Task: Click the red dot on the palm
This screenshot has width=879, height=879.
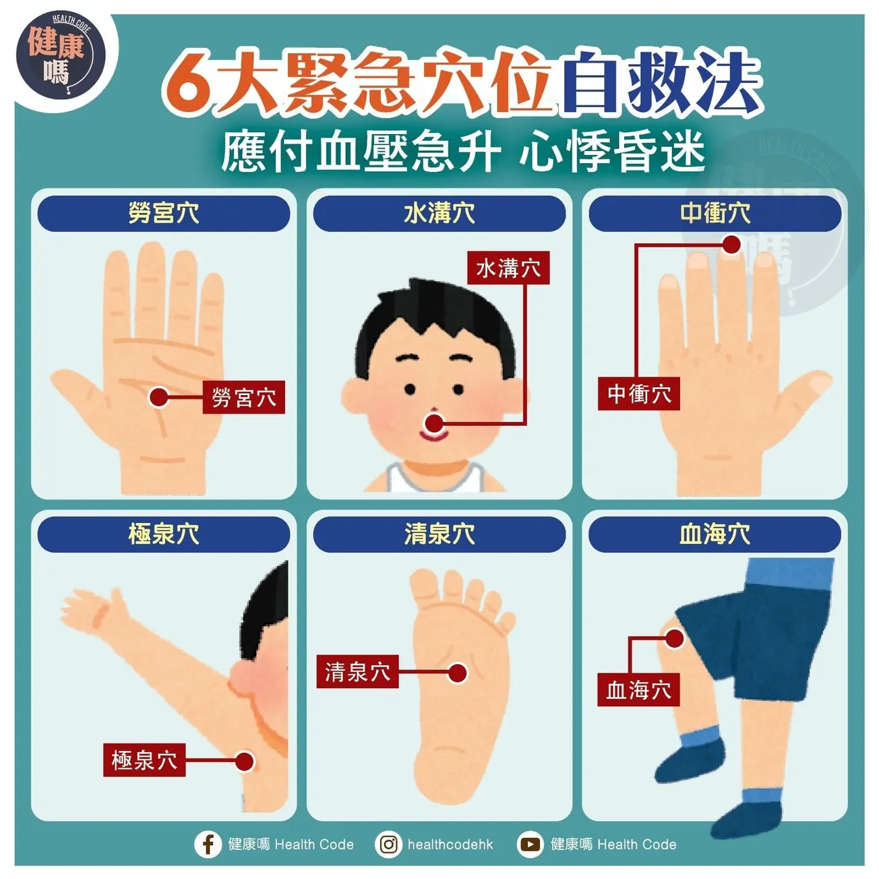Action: pos(159,397)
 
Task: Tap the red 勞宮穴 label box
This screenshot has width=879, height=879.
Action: pos(244,397)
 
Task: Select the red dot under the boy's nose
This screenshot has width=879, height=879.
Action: pos(435,423)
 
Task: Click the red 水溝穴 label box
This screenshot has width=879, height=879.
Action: pos(508,268)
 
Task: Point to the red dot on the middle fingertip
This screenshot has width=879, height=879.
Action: pos(731,245)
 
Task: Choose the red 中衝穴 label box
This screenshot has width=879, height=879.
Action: pos(639,394)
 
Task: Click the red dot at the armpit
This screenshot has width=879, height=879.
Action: pos(245,762)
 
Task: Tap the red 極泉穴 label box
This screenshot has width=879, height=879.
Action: pos(144,760)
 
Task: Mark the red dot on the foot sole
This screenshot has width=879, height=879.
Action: pos(458,672)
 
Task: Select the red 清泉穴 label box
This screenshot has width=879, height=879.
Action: pos(357,671)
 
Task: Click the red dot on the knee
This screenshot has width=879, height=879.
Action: pos(674,638)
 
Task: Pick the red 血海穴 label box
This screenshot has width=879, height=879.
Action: pos(638,690)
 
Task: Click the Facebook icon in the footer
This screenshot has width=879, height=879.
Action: pos(208,844)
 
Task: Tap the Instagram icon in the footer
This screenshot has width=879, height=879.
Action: pos(389,844)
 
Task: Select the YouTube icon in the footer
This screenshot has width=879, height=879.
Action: pos(531,844)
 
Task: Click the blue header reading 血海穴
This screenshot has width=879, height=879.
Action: pos(715,535)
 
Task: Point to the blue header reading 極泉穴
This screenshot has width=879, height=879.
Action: pos(164,535)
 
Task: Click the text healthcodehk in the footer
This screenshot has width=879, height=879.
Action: pos(450,844)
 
